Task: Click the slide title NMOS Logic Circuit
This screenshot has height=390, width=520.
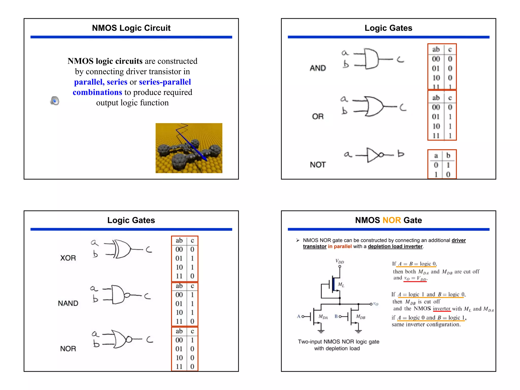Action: pos(131,28)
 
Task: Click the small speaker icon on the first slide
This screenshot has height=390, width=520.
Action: pos(55,101)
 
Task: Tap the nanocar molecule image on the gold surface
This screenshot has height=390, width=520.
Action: pos(189,148)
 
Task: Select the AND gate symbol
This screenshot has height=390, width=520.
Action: pos(371,59)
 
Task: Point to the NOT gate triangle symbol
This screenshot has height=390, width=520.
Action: pos(373,154)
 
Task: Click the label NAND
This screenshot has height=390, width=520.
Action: pos(68,303)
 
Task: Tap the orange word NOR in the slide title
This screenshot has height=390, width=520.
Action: pos(392,220)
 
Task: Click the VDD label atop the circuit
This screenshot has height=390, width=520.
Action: pos(339,261)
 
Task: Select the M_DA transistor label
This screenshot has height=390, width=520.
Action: pos(323,317)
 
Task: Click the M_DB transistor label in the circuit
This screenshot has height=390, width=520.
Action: pos(361,317)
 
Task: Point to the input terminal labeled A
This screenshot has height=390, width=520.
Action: pos(299,316)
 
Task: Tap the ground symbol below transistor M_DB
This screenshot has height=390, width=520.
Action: pos(358,331)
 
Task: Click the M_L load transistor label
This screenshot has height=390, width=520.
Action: pos(341,285)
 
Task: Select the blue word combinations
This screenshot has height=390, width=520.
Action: pos(97,92)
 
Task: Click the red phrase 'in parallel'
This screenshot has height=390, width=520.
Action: pos(339,246)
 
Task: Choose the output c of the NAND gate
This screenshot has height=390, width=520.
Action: pos(148,296)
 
